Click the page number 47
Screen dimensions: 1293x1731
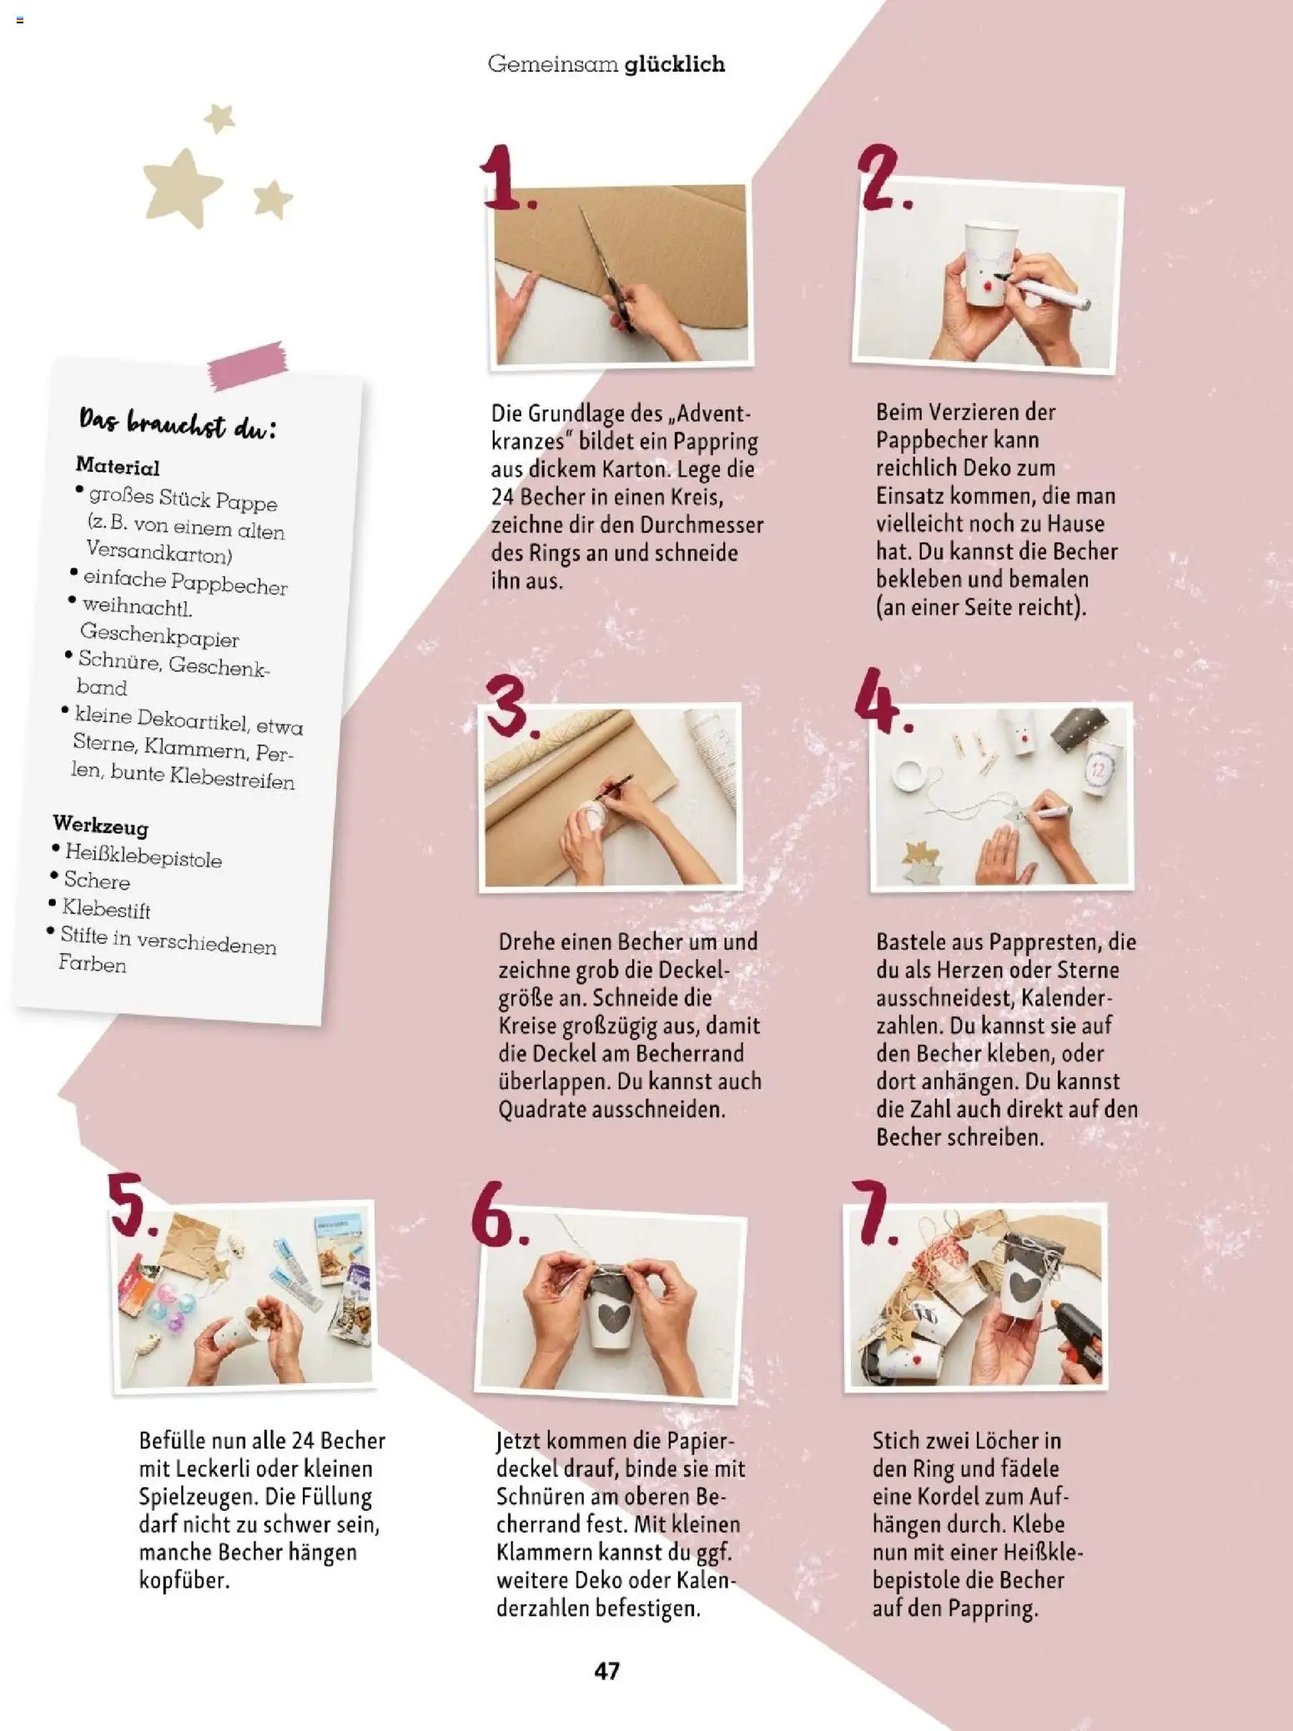click(606, 1670)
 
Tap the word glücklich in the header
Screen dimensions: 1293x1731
click(675, 64)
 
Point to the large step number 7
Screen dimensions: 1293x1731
click(873, 1212)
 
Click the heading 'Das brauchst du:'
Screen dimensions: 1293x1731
click(177, 424)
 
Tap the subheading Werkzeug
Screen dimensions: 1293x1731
click(100, 825)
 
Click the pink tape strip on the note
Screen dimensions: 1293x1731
click(248, 364)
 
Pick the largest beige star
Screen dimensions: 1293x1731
click(182, 188)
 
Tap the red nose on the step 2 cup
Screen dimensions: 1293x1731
click(987, 286)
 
